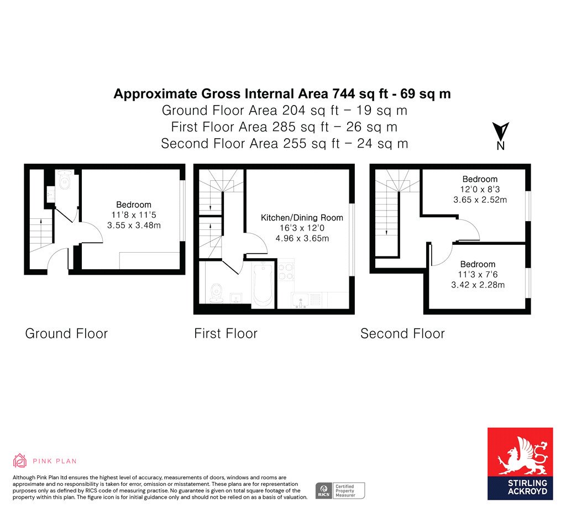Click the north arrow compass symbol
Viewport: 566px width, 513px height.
pyautogui.click(x=500, y=136)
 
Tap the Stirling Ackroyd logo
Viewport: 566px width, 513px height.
pyautogui.click(x=520, y=464)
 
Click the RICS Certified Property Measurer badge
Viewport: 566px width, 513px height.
pyautogui.click(x=340, y=491)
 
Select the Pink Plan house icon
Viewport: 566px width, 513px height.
pyautogui.click(x=20, y=460)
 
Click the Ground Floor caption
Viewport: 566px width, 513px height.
pyautogui.click(x=66, y=333)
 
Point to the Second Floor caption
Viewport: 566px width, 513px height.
pyautogui.click(x=402, y=333)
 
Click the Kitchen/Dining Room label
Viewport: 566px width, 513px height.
pyautogui.click(x=302, y=218)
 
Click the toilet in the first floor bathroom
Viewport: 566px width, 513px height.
pyautogui.click(x=217, y=293)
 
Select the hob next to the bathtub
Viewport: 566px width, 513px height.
pyautogui.click(x=286, y=272)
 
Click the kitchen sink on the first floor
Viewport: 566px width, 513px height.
pyautogui.click(x=300, y=300)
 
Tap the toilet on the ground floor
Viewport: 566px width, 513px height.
pyautogui.click(x=65, y=180)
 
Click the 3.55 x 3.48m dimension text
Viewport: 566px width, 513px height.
pyautogui.click(x=134, y=226)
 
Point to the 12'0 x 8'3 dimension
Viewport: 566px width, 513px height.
pyautogui.click(x=480, y=189)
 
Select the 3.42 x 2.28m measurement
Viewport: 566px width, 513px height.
pyautogui.click(x=478, y=285)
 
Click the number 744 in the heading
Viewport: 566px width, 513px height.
pyautogui.click(x=343, y=94)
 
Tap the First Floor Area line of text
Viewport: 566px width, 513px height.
pyautogui.click(x=284, y=127)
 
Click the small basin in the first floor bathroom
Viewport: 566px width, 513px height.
pyautogui.click(x=235, y=298)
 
